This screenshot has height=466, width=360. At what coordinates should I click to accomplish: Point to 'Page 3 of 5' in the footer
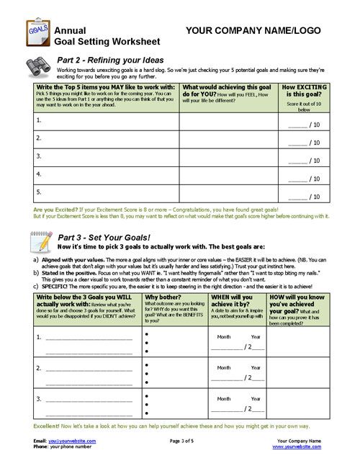coord(184,439)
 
